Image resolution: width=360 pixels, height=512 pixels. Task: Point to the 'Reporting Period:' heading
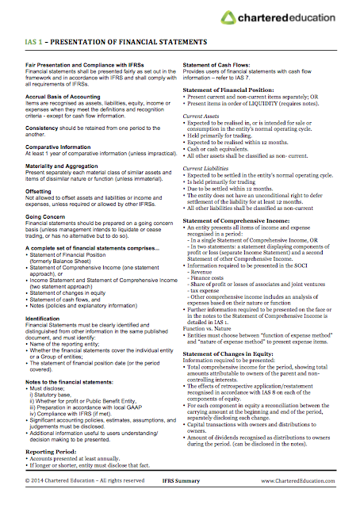[51, 451]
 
